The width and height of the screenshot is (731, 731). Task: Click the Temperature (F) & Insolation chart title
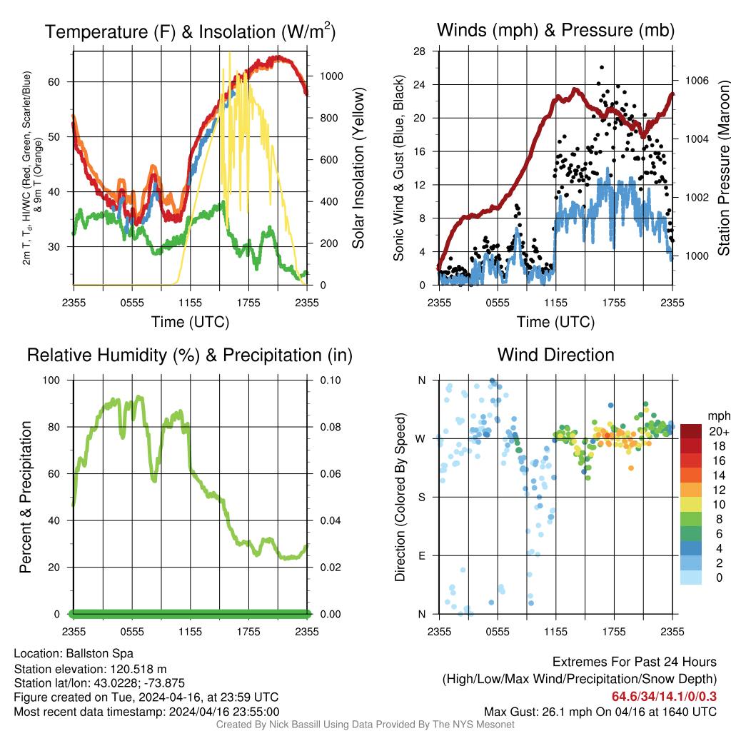[x=190, y=31]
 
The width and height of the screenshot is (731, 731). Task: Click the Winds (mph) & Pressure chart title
[x=555, y=30]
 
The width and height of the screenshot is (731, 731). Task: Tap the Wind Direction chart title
[x=555, y=355]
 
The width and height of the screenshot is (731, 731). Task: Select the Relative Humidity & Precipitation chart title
[x=189, y=355]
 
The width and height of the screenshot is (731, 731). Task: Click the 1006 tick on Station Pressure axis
[x=696, y=81]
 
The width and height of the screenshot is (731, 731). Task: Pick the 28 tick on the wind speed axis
[x=419, y=51]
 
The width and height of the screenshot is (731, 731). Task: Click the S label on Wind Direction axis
[x=421, y=497]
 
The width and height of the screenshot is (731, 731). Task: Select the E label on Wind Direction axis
[x=421, y=555]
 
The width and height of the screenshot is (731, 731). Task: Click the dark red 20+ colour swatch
[x=691, y=431]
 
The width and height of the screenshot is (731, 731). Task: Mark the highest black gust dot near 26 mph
[x=602, y=68]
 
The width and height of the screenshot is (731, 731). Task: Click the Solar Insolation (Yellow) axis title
[x=358, y=168]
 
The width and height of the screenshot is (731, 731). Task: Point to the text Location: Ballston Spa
[x=74, y=653]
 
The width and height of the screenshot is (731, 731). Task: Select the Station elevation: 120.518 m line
[x=90, y=669]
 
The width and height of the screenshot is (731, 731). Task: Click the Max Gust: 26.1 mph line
[x=600, y=711]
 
